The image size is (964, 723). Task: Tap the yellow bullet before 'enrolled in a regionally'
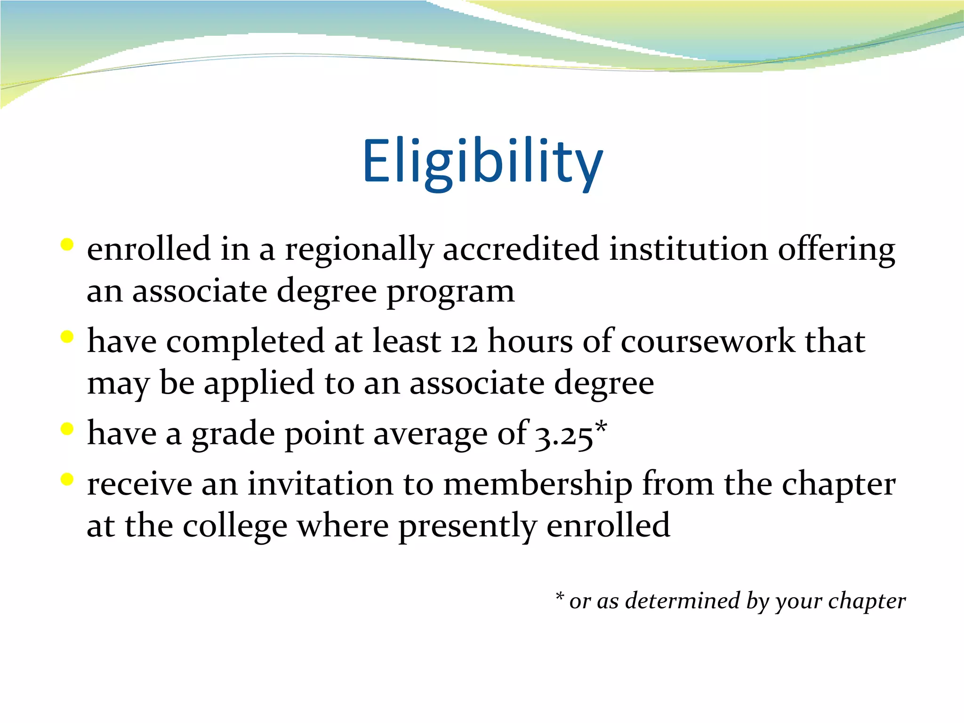67,245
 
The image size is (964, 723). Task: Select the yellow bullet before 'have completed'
67,337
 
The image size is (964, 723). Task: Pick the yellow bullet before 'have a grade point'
67,429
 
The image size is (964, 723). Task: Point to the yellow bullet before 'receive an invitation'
67,479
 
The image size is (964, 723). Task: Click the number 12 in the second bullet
464,342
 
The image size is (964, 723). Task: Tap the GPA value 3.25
564,435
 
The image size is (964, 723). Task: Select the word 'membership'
538,484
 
